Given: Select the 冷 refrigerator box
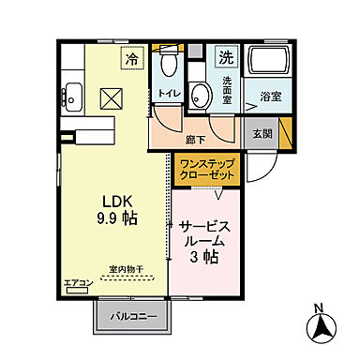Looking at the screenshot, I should (x=132, y=59).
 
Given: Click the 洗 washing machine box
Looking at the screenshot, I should (x=226, y=56).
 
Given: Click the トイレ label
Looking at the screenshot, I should (x=169, y=94).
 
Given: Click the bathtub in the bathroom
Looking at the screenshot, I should (x=266, y=64).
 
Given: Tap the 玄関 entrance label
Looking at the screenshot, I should (x=262, y=131).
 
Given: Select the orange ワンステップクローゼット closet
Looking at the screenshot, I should (x=207, y=169).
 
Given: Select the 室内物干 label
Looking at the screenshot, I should (x=126, y=269).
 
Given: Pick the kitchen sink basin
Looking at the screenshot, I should (x=71, y=94).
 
